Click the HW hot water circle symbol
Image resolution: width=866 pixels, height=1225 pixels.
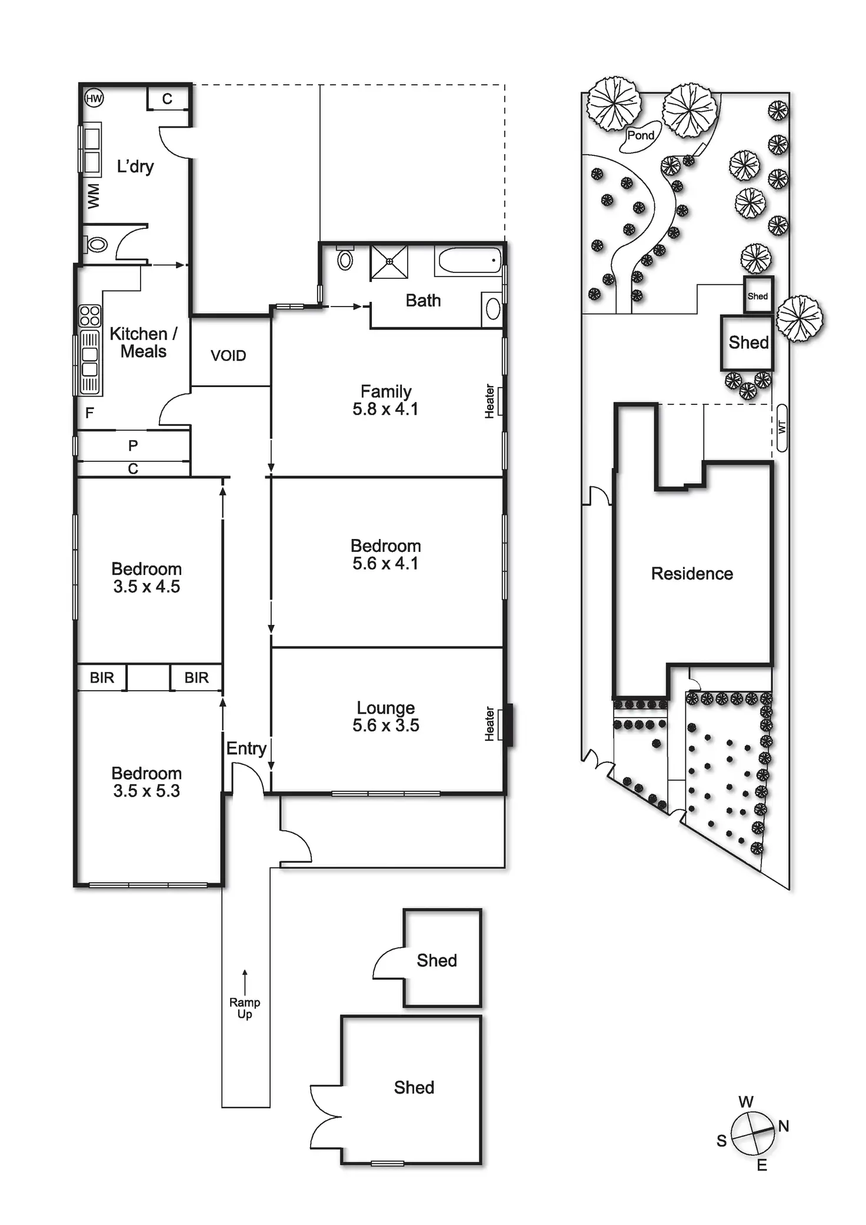click(94, 98)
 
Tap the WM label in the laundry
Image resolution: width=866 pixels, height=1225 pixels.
click(94, 196)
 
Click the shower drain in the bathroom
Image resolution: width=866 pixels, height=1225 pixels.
click(389, 261)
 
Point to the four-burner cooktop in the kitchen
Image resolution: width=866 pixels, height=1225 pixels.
click(90, 315)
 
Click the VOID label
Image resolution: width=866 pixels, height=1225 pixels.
click(228, 355)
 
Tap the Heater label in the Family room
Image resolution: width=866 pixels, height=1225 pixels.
click(489, 401)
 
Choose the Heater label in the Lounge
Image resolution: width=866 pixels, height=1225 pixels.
click(489, 724)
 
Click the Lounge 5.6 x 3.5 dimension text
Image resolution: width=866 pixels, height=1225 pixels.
click(386, 725)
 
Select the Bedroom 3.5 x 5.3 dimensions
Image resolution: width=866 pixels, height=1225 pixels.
click(146, 791)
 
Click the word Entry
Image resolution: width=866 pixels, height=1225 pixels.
click(246, 748)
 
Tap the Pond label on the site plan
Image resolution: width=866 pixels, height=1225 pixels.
click(641, 135)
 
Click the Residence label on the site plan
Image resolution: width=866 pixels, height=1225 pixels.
click(692, 574)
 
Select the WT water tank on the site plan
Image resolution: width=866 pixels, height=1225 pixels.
click(782, 428)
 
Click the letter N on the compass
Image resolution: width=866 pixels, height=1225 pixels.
click(783, 1126)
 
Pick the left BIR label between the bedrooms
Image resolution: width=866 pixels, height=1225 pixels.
click(102, 678)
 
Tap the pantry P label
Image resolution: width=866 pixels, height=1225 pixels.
click(133, 446)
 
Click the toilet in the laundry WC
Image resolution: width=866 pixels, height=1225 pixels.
click(96, 244)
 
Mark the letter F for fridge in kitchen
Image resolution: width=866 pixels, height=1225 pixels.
click(89, 413)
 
